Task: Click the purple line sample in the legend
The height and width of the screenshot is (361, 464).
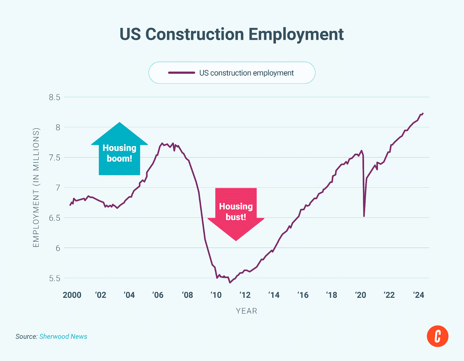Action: click(x=182, y=73)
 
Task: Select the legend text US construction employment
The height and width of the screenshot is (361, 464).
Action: click(x=246, y=73)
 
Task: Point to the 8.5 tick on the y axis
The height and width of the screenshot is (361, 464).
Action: click(x=55, y=97)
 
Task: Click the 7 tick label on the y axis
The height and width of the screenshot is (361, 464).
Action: click(x=58, y=188)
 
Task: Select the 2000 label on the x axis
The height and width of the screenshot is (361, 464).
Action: click(x=72, y=295)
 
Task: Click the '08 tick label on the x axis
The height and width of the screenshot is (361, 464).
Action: click(x=187, y=295)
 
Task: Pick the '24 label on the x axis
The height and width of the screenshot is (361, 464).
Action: click(x=418, y=295)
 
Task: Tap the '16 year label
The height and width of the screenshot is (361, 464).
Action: click(x=303, y=295)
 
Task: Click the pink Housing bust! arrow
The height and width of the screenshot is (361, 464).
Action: click(x=236, y=212)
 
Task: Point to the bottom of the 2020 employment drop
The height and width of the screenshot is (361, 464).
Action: click(x=364, y=216)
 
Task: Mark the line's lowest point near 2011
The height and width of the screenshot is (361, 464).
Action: click(x=230, y=282)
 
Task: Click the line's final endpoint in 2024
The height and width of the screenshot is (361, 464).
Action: click(x=423, y=113)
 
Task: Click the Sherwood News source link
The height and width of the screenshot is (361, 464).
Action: click(x=63, y=337)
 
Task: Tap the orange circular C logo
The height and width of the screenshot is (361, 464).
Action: click(x=437, y=336)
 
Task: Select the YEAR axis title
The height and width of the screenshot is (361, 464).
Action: click(x=246, y=311)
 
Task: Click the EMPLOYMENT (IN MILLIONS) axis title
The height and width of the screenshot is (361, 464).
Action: click(x=36, y=188)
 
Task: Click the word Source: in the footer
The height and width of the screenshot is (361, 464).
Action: click(x=26, y=337)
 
